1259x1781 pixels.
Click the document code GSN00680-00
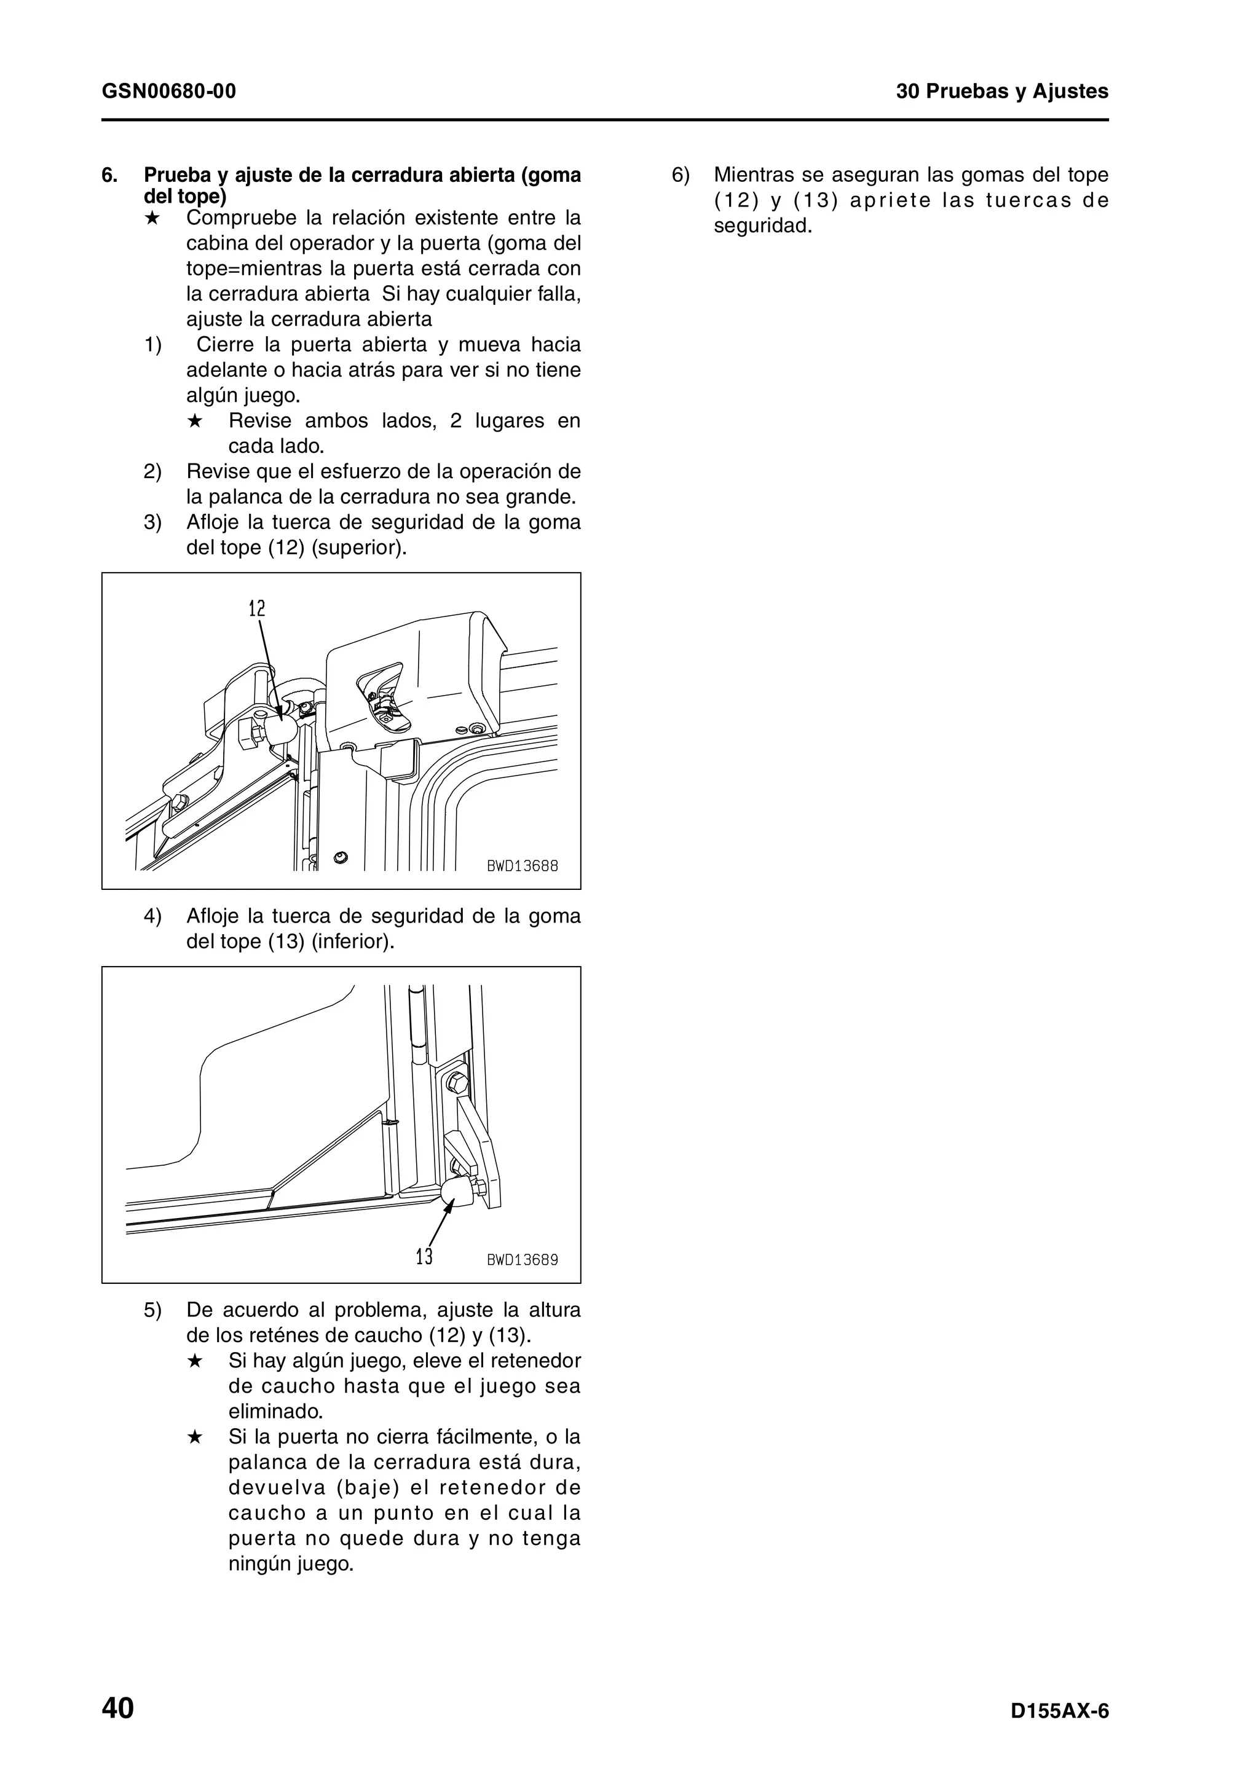pyautogui.click(x=168, y=92)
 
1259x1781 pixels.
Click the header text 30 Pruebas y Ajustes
pyautogui.click(x=1001, y=92)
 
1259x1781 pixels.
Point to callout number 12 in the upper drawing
pyautogui.click(x=257, y=609)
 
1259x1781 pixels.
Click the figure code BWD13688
pyautogui.click(x=522, y=866)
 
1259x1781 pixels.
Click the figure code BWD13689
pyautogui.click(x=522, y=1260)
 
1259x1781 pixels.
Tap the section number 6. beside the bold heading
pyautogui.click(x=110, y=175)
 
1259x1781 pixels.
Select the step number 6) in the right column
pyautogui.click(x=681, y=175)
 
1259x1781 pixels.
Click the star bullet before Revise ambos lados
pyautogui.click(x=195, y=421)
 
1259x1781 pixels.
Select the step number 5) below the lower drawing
pyautogui.click(x=152, y=1310)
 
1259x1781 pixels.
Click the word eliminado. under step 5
pyautogui.click(x=275, y=1411)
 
